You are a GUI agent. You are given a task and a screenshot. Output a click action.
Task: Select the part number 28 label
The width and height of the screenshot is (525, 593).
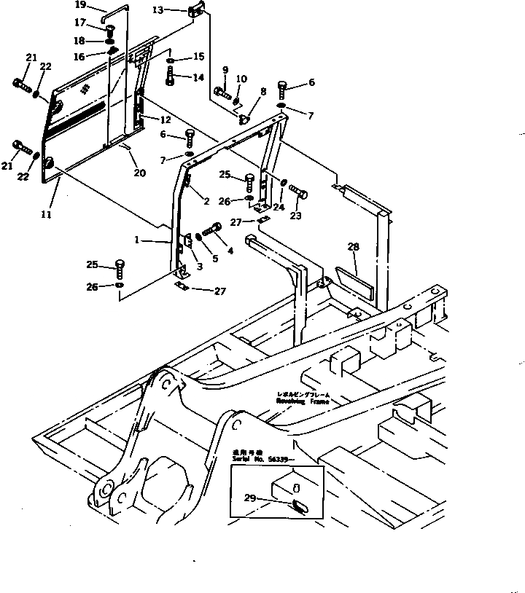[x=353, y=248]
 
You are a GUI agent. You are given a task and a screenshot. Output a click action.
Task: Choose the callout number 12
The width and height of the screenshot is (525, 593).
[x=166, y=119]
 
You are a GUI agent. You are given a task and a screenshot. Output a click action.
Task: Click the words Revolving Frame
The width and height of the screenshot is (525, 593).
[x=302, y=401]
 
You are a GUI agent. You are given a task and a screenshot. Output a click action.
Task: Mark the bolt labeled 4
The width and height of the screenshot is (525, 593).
[x=212, y=230]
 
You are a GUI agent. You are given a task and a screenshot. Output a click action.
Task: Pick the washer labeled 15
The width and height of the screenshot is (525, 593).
[x=170, y=61]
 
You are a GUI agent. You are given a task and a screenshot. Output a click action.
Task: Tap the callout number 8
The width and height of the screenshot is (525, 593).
[x=263, y=92]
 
